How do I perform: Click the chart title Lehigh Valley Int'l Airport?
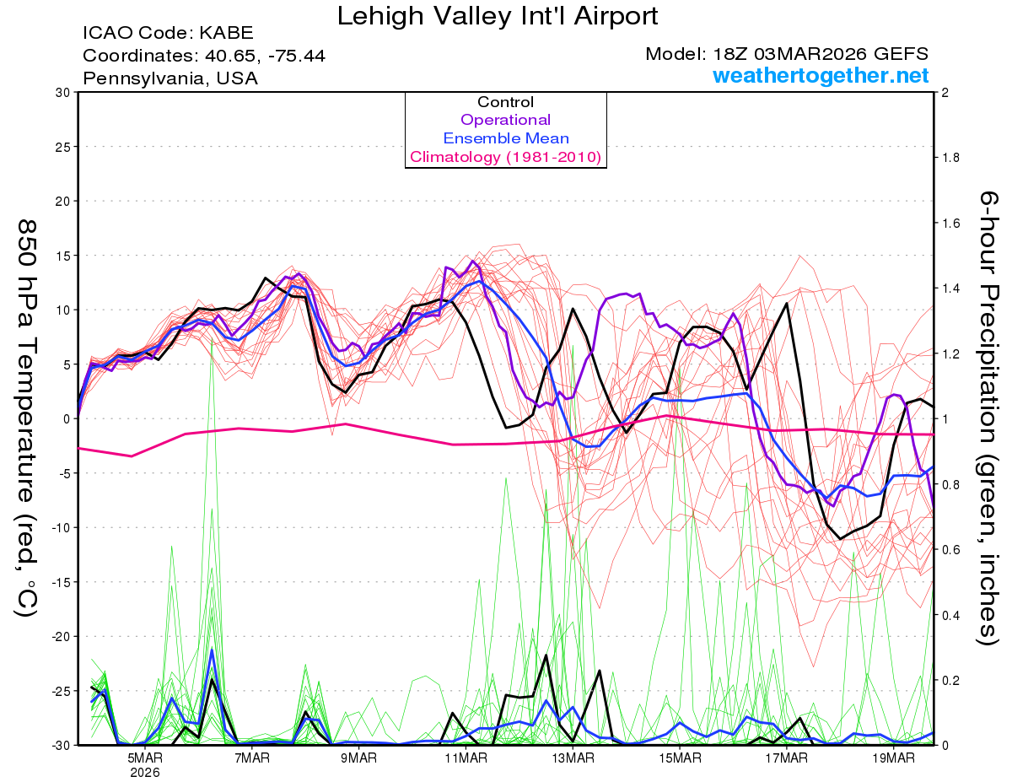pos(498,16)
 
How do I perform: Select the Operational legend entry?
pos(505,120)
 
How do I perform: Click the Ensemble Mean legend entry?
pos(505,138)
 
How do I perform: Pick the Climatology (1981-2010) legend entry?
pos(505,157)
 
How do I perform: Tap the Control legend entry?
pos(505,102)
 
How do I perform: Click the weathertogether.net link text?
pos(821,76)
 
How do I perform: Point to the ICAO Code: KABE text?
pos(168,34)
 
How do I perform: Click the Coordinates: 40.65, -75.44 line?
pos(204,56)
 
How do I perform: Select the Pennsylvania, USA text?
pos(170,78)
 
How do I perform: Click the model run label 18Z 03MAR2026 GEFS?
pos(787,54)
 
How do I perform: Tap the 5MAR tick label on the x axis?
pos(144,758)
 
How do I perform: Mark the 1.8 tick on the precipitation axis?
pos(950,158)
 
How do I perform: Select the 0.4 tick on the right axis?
pos(950,615)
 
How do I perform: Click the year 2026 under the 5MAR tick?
pos(144,772)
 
